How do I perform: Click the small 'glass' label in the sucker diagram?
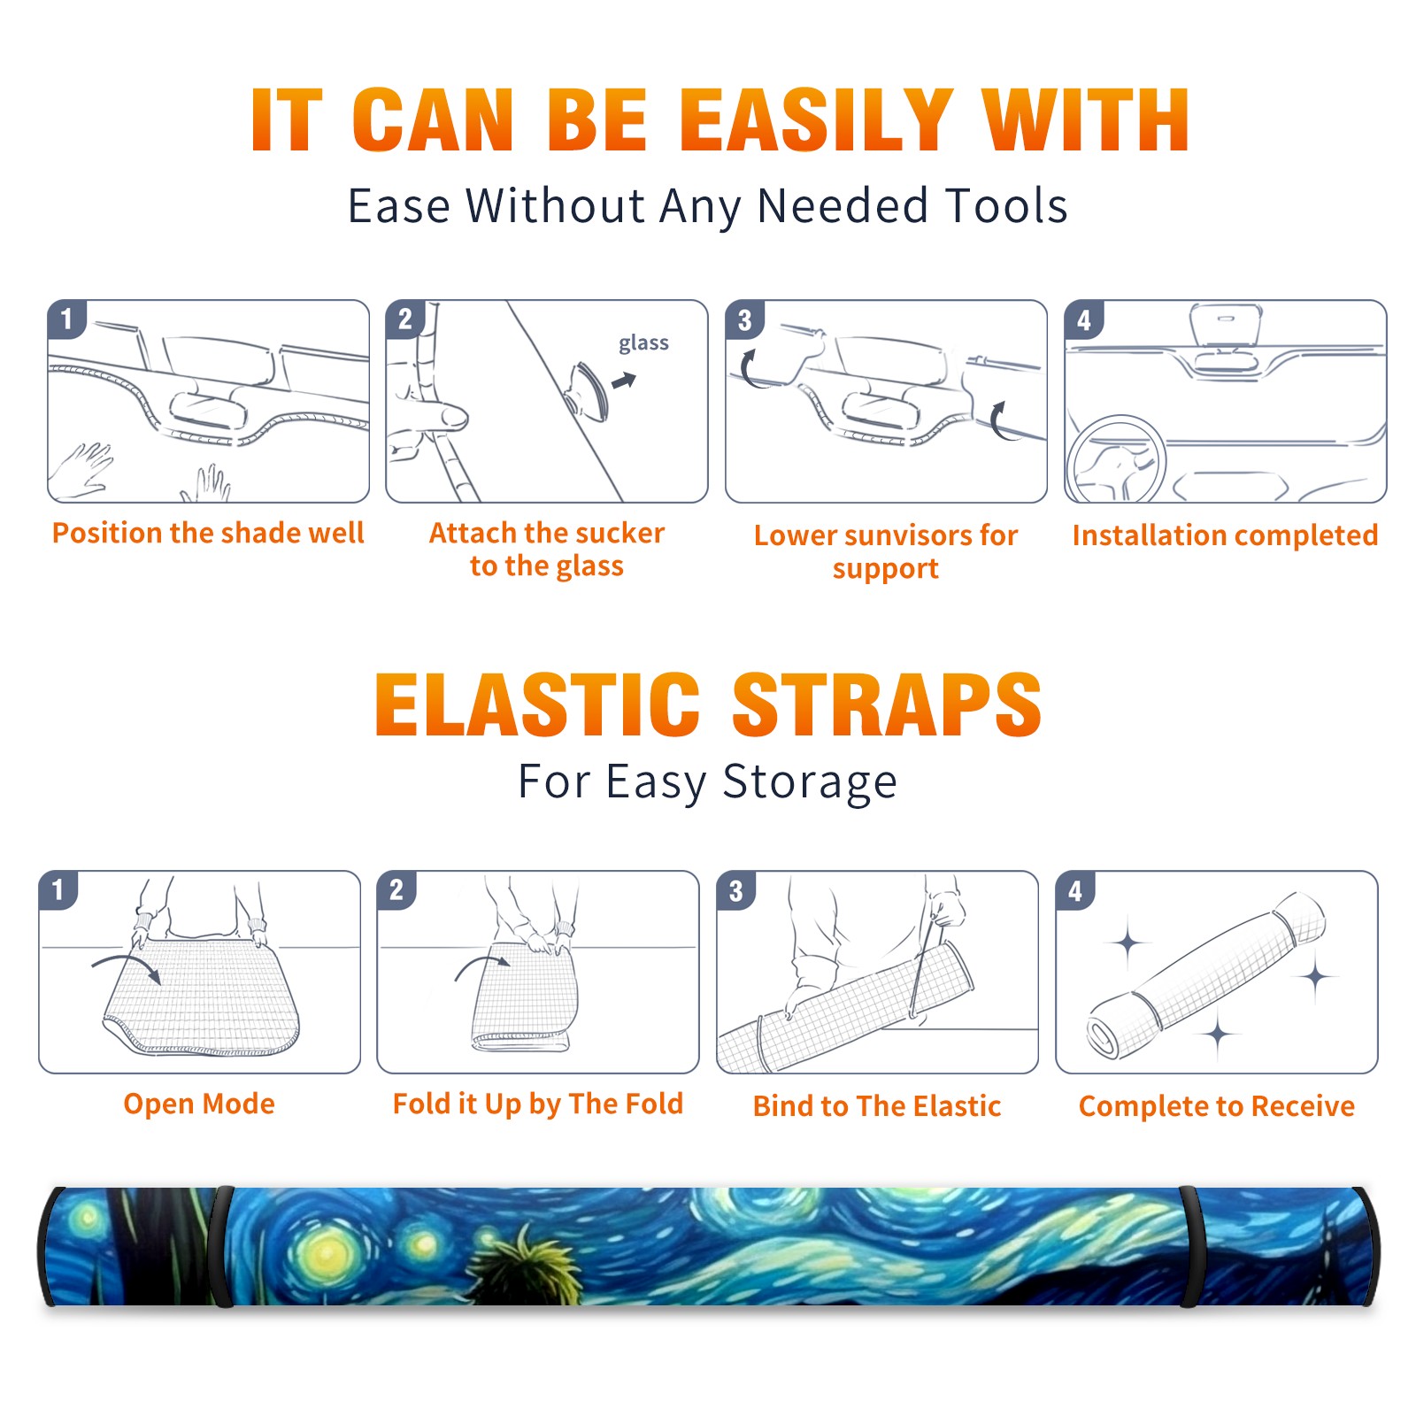643,343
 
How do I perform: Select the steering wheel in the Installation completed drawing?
1115,460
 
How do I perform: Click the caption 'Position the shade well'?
208,533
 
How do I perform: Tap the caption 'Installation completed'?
1225,535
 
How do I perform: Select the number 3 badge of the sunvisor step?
744,319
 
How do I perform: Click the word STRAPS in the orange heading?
887,704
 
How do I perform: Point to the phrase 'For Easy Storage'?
708,782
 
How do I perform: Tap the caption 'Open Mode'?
199,1104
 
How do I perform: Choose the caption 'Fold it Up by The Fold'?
538,1104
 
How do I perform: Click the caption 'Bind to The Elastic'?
877,1106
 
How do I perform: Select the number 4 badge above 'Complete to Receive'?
1075,890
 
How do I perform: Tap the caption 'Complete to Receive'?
1217,1106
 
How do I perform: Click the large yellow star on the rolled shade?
327,1253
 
